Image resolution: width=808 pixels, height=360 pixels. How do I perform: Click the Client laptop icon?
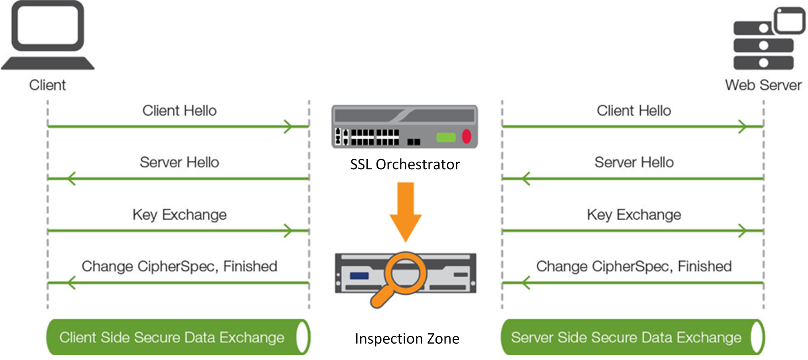(47, 36)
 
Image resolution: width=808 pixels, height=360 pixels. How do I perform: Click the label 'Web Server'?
(763, 85)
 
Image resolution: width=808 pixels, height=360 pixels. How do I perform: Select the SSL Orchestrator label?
(405, 164)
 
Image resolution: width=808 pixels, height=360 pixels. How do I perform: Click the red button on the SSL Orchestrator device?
(467, 137)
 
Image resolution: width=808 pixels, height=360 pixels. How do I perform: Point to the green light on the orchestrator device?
(446, 137)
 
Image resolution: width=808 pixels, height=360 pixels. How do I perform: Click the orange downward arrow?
(406, 211)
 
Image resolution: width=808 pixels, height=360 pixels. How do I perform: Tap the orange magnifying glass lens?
(405, 273)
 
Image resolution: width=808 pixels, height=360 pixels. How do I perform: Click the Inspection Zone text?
(407, 338)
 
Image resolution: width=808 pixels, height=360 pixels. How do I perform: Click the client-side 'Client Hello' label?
(179, 111)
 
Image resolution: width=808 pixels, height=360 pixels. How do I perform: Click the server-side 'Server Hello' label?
(634, 162)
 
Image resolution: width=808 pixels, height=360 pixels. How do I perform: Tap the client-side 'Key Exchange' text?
(179, 215)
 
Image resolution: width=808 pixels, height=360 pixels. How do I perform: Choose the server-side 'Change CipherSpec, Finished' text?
(634, 266)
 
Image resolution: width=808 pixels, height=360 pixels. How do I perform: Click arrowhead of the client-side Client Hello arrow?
(288, 127)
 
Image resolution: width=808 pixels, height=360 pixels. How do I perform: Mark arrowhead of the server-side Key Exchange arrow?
(743, 231)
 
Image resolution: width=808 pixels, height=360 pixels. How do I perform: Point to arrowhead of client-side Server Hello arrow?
(71, 178)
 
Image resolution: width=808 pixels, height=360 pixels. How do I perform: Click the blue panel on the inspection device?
(359, 276)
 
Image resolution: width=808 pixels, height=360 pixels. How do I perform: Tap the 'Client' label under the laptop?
(47, 85)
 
